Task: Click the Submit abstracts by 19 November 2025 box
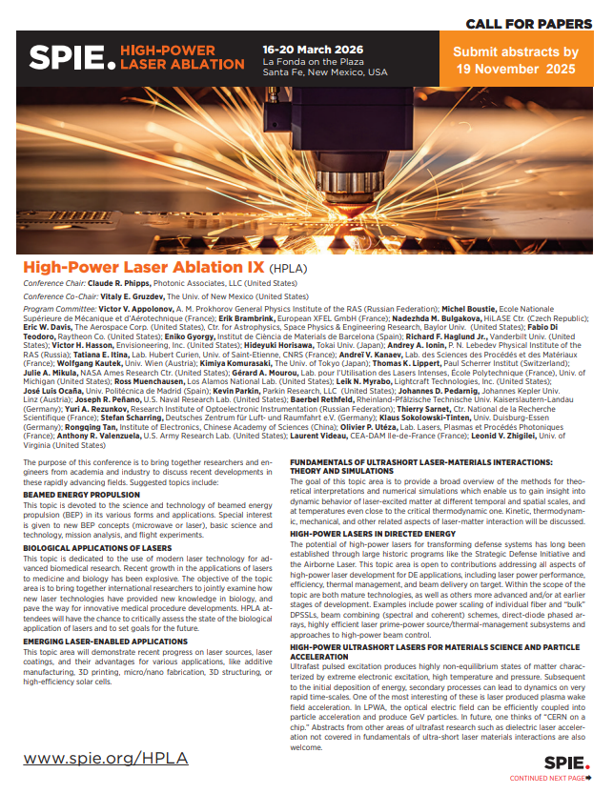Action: coord(515,61)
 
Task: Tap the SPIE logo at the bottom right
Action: coord(566,763)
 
